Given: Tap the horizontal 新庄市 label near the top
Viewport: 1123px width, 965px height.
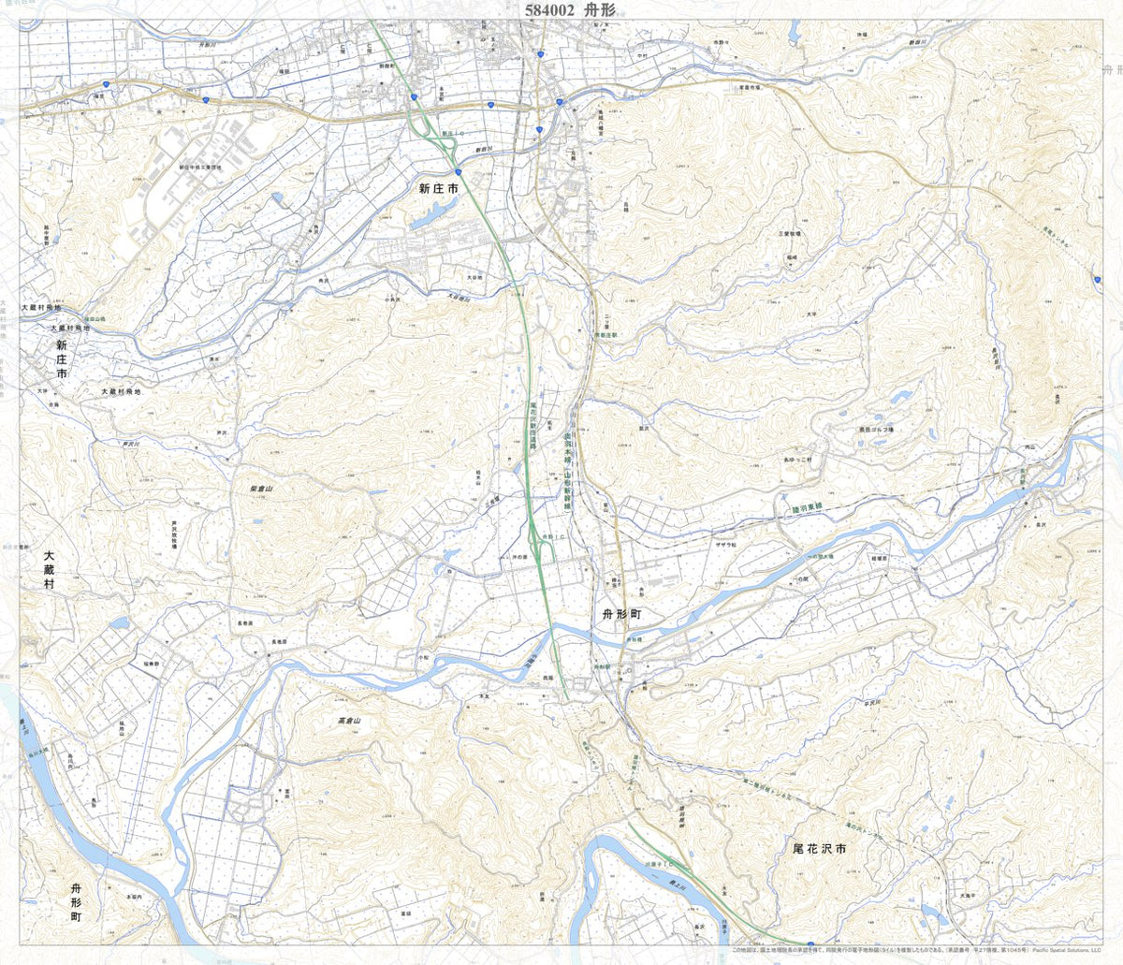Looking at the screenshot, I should coord(438,189).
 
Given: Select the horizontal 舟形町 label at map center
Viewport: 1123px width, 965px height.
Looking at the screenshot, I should coord(621,615).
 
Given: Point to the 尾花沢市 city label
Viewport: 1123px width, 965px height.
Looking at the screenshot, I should coord(819,849).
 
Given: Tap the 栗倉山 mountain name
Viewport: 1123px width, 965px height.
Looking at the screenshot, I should coord(259,489).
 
